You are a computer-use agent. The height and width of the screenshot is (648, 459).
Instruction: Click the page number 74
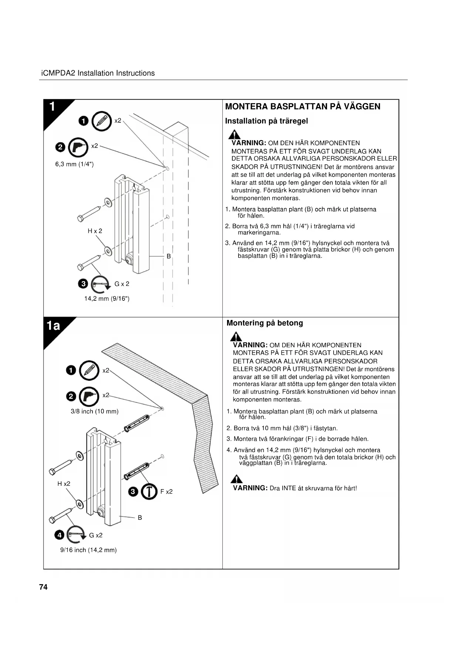coord(43,587)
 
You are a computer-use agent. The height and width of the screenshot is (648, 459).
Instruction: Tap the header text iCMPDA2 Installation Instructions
coord(98,73)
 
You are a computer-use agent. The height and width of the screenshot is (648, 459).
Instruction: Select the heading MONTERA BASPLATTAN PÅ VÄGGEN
coord(303,106)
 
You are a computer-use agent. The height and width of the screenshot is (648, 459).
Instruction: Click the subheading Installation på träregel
coord(266,121)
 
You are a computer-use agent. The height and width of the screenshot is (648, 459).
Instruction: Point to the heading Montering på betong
coord(264,323)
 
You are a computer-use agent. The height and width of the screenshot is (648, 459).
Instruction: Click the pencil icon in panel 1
coord(101,121)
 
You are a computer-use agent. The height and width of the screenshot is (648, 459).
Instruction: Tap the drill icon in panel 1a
coord(89,396)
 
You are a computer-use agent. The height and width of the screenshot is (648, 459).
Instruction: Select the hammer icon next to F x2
coord(149,491)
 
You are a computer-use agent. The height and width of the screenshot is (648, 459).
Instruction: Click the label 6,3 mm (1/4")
coord(74,164)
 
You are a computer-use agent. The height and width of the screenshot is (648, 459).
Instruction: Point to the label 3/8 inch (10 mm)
coord(94,411)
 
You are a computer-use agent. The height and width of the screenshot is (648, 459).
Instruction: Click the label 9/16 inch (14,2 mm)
coord(88,550)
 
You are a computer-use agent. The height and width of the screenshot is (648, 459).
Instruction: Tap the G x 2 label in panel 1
coord(122,284)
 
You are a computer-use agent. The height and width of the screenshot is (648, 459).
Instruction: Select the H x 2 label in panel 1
coord(95,231)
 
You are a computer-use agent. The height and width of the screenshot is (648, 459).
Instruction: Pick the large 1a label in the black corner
coord(54,325)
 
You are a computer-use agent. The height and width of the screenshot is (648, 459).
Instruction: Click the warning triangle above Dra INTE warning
coord(236,479)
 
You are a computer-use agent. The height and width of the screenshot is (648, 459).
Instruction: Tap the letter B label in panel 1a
coord(140,518)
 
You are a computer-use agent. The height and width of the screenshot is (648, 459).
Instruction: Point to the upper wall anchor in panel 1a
coord(137,423)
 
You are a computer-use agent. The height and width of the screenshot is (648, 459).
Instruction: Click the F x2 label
coord(166,492)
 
